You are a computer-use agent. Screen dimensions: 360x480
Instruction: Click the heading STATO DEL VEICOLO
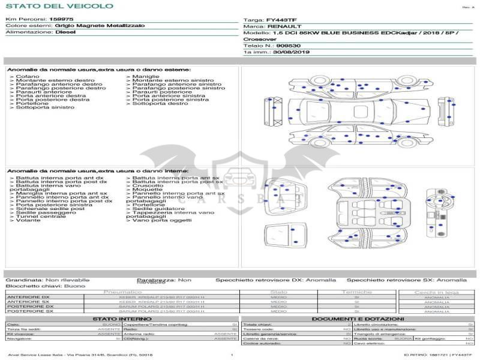point(59,7)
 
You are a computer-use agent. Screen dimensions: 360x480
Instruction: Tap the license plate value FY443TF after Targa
point(281,20)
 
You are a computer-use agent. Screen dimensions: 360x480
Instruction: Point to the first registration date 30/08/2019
point(292,52)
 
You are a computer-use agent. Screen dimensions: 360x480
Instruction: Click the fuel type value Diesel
point(65,32)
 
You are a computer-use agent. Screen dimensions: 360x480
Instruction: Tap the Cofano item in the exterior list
point(28,77)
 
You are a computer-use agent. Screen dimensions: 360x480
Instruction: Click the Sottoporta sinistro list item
point(45,107)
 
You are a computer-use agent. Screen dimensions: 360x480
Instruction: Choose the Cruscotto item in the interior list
point(148,186)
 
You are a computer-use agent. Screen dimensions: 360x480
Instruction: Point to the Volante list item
point(28,220)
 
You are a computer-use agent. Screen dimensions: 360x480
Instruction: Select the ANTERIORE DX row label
point(28,296)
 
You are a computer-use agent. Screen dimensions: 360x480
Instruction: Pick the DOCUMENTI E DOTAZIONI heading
point(358,319)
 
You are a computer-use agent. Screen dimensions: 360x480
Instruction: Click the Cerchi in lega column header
point(436,292)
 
